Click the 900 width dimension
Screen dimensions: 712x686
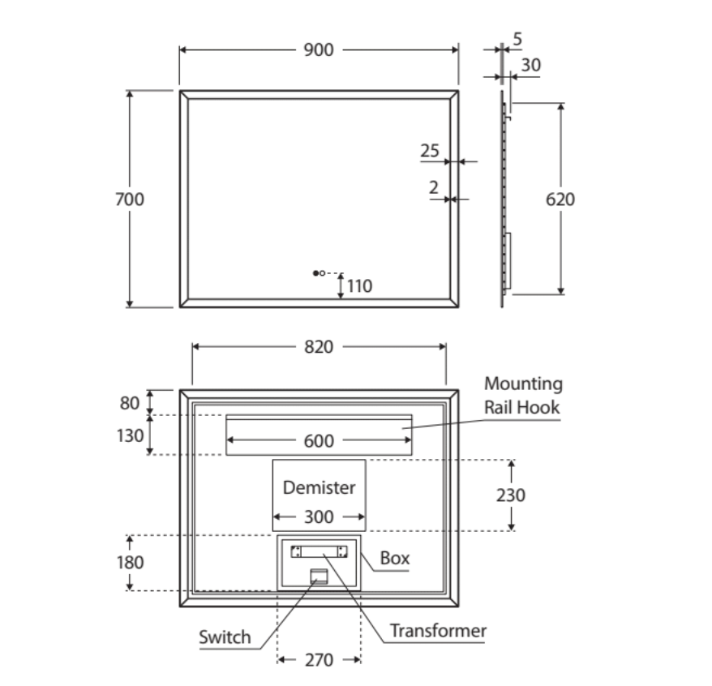click(x=319, y=50)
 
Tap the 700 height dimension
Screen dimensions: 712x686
click(x=130, y=199)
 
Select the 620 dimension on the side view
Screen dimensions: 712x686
click(x=560, y=199)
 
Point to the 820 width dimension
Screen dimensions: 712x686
click(x=319, y=347)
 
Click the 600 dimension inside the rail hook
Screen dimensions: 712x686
click(x=319, y=441)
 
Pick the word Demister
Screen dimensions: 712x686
click(x=319, y=487)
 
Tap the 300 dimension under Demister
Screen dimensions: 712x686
click(x=319, y=517)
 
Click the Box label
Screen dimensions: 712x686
click(x=395, y=558)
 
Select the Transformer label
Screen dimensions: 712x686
click(x=438, y=631)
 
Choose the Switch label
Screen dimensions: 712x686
click(x=225, y=637)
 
